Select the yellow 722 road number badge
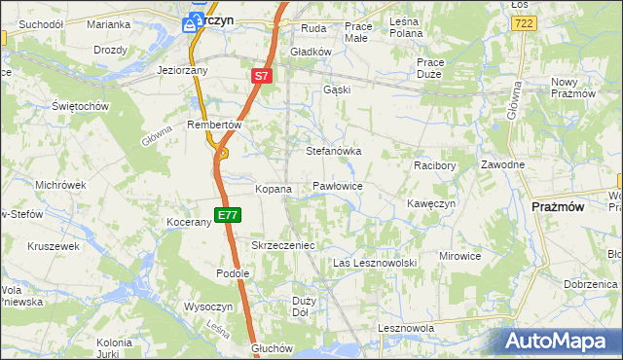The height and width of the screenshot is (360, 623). (x=523, y=21)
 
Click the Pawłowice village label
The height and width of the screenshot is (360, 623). (x=338, y=185)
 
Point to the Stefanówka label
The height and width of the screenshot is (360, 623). (x=334, y=152)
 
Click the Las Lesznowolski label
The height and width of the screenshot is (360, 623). (x=375, y=264)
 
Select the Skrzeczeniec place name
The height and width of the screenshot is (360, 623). (x=283, y=246)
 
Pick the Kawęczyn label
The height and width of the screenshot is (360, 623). (x=431, y=203)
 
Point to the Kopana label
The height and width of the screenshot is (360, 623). (x=274, y=189)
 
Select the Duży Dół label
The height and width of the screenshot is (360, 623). (x=303, y=307)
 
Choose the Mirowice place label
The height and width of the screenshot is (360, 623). (x=460, y=256)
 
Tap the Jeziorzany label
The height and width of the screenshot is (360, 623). (x=184, y=70)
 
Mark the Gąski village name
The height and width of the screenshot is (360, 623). (x=337, y=90)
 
